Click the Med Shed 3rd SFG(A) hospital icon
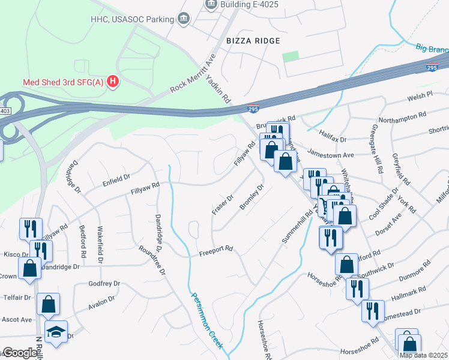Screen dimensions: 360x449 click(112, 82)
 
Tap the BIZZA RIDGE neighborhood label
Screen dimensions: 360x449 click(253, 41)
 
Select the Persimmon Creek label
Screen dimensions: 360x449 click(207, 320)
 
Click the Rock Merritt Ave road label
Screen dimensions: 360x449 click(192, 73)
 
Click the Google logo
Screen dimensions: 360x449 click(20, 353)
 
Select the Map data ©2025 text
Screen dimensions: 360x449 click(423, 355)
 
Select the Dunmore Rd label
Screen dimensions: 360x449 click(414, 269)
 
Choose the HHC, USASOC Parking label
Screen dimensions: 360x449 click(131, 19)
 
